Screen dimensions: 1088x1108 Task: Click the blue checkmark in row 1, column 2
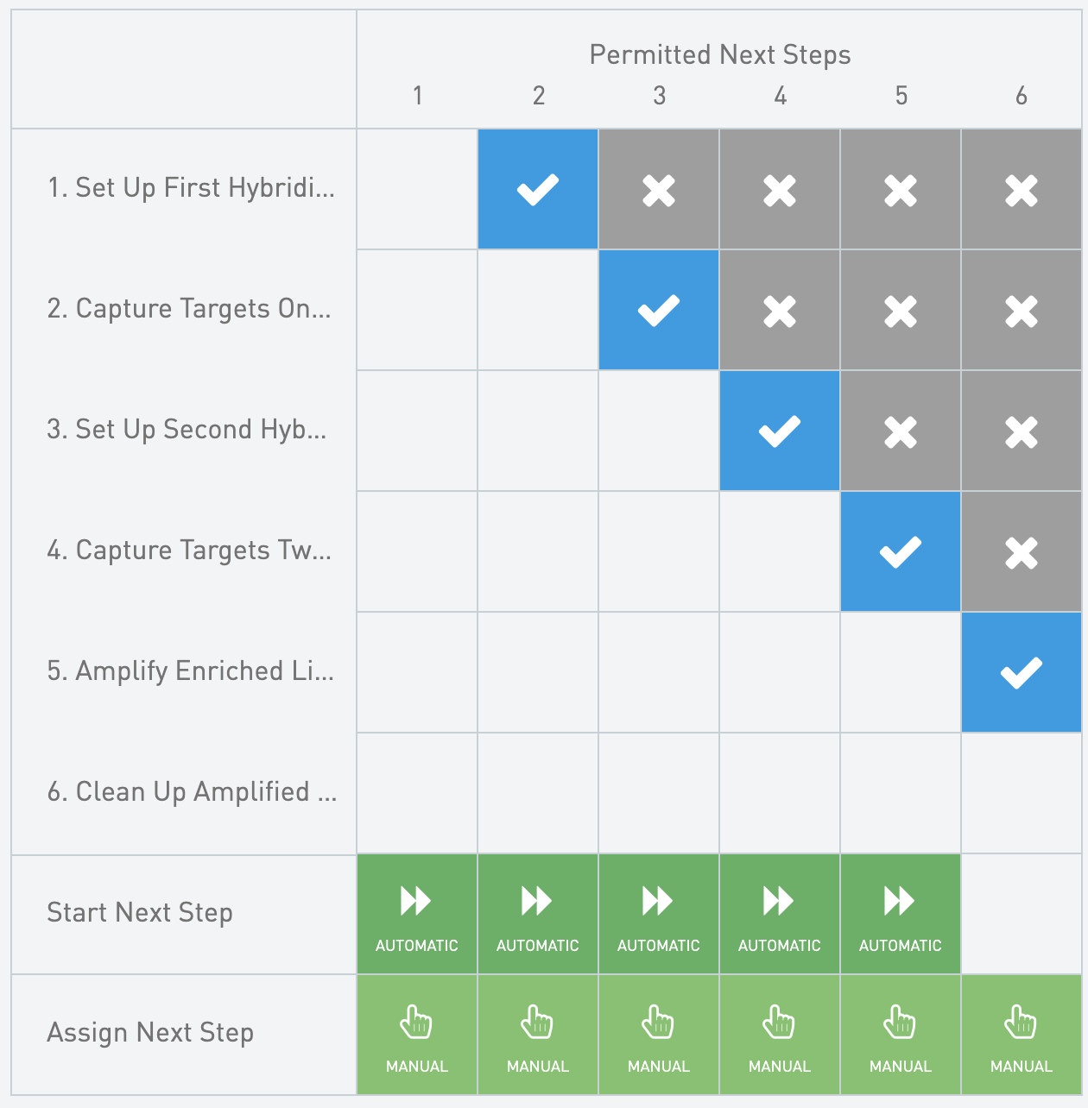point(537,189)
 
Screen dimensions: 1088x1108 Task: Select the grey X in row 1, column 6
point(1022,189)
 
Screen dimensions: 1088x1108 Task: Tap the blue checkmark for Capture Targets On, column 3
point(659,310)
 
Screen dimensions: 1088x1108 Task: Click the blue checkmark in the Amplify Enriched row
point(1022,672)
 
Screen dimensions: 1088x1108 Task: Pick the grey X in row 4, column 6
point(1022,551)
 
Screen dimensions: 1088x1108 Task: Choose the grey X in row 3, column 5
point(901,431)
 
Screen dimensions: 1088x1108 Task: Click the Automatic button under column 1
point(416,914)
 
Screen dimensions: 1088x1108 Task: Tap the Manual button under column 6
point(1022,1035)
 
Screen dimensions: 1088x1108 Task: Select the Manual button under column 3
point(659,1035)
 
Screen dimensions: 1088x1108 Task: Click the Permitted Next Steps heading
point(720,55)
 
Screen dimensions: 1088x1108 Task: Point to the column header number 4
point(781,96)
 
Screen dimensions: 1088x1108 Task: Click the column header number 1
point(418,96)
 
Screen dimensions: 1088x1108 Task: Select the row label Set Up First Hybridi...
point(191,188)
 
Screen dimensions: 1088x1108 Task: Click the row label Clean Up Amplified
point(192,792)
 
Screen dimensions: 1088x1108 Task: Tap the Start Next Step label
point(140,912)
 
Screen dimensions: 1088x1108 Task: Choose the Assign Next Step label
point(150,1033)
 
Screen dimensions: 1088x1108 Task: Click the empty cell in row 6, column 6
point(1022,793)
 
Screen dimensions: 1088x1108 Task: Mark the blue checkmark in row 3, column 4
point(780,431)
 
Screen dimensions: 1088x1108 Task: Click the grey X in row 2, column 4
point(780,310)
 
